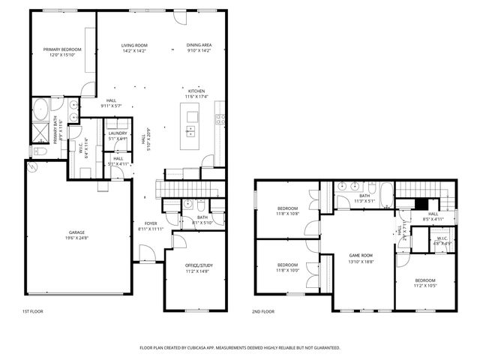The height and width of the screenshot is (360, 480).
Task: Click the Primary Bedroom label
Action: pos(62,49)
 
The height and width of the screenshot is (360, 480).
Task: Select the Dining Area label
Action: pos(199,45)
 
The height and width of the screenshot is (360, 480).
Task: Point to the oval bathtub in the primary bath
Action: pos(41,112)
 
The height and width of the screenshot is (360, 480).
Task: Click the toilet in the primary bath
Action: pos(40,151)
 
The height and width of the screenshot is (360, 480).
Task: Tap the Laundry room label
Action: pos(118,133)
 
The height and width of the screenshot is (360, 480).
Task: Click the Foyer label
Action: pos(151,223)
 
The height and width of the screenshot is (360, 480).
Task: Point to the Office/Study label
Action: pos(199,265)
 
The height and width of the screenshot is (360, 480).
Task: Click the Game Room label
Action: pos(360,256)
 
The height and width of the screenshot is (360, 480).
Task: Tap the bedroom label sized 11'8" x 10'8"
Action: pos(288,208)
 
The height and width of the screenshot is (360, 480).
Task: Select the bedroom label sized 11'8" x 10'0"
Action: pos(288,265)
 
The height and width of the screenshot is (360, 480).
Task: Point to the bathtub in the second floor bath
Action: pos(386,193)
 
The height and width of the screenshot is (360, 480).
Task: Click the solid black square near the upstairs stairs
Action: pos(421,203)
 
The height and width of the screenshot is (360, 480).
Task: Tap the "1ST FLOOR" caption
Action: pos(32,310)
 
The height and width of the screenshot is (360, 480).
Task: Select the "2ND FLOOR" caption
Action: pos(263,310)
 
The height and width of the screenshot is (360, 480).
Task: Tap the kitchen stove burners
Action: pos(220,118)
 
